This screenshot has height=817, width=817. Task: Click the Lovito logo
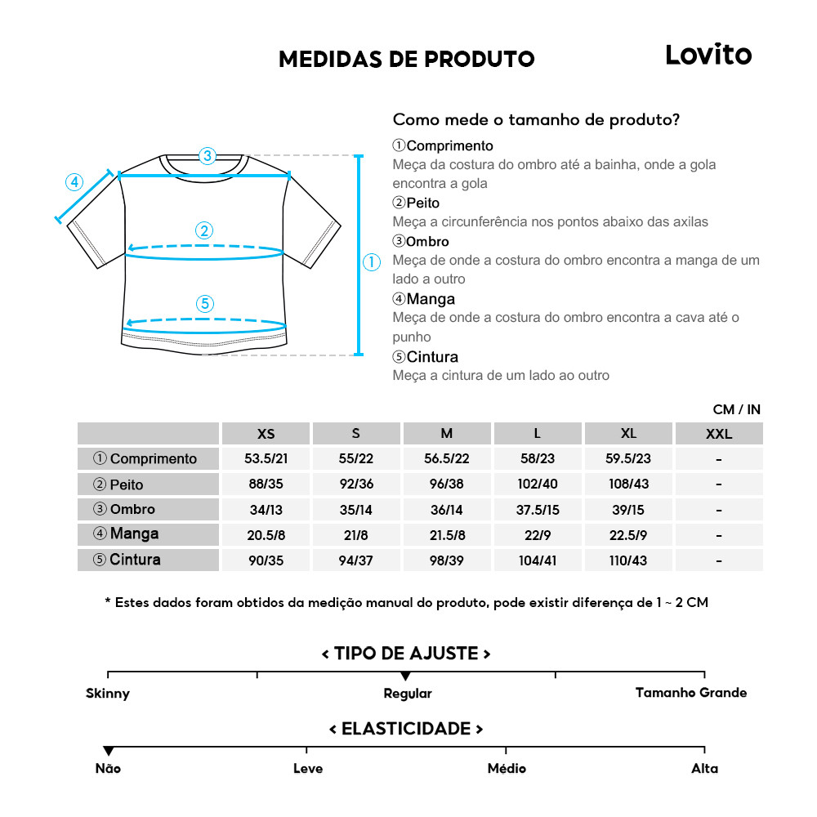click(x=708, y=55)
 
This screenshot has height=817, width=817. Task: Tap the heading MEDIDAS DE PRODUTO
click(x=406, y=59)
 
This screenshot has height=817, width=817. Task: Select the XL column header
click(x=628, y=433)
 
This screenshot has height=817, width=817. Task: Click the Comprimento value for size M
click(x=446, y=459)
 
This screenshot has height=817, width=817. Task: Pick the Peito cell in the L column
click(x=537, y=484)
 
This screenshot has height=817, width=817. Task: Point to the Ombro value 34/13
click(x=266, y=510)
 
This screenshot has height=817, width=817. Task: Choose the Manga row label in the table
click(x=135, y=534)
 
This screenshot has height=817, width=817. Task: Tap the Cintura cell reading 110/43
click(x=628, y=560)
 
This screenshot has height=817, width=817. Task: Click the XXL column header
click(x=719, y=434)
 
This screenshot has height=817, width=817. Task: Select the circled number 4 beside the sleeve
click(x=75, y=182)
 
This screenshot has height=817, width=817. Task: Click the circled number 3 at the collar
click(x=208, y=155)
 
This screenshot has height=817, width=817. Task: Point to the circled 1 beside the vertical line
click(x=372, y=262)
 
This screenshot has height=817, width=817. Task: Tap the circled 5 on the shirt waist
click(x=205, y=304)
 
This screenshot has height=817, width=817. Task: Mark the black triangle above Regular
click(x=405, y=676)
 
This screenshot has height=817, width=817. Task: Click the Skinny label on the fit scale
click(x=108, y=694)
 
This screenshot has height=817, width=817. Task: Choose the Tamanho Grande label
click(x=691, y=693)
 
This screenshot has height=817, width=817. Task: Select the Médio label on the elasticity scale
click(x=507, y=769)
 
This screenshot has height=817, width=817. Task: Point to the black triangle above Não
click(x=108, y=751)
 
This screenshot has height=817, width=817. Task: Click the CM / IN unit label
click(x=736, y=409)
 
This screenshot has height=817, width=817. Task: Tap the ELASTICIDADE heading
click(x=406, y=729)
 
